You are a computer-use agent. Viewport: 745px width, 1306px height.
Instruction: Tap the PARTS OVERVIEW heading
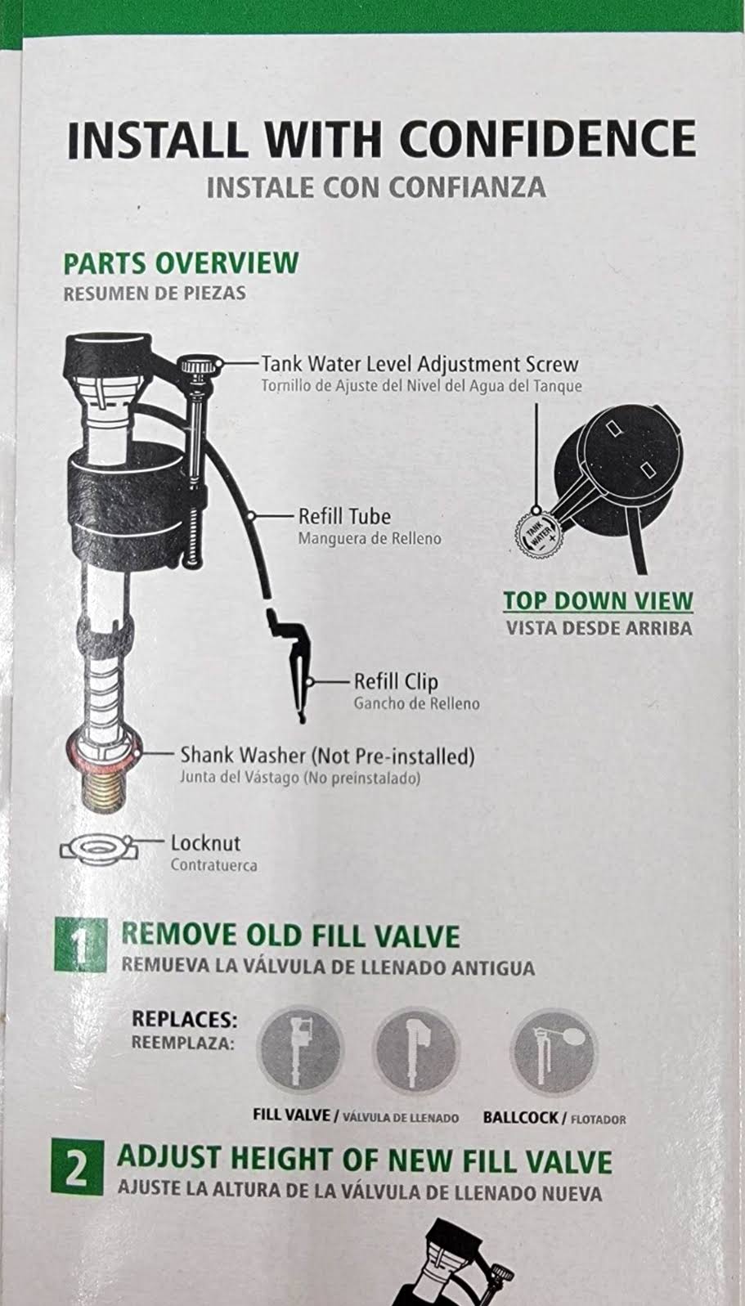(x=181, y=263)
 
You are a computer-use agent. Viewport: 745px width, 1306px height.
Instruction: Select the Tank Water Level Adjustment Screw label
(x=420, y=365)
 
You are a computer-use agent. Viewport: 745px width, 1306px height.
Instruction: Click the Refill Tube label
(x=344, y=517)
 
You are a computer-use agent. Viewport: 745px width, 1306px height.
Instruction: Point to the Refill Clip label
(x=396, y=681)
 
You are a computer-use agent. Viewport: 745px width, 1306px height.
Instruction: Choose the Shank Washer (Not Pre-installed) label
(x=327, y=756)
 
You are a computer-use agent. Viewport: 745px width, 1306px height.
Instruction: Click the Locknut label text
(x=205, y=843)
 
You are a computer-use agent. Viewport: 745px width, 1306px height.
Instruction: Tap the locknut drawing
(x=98, y=848)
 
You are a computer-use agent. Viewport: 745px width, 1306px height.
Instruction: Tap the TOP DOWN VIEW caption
(x=598, y=600)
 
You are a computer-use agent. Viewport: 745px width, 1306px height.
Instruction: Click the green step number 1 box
(x=80, y=945)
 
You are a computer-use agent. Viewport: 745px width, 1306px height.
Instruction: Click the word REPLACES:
(x=185, y=1020)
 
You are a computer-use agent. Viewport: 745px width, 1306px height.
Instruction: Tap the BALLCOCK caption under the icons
(x=521, y=1118)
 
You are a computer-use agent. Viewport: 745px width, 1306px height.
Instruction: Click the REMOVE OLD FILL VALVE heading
(x=289, y=935)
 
